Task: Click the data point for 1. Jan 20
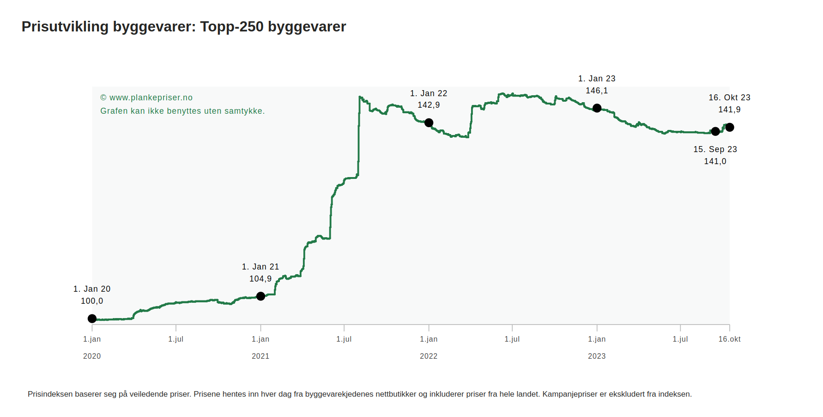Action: pyautogui.click(x=92, y=319)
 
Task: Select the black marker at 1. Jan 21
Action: pyautogui.click(x=260, y=296)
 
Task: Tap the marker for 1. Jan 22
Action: pyautogui.click(x=429, y=123)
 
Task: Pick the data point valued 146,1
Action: pyautogui.click(x=597, y=108)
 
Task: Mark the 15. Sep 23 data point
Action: pyautogui.click(x=715, y=131)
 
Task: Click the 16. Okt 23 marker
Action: pyautogui.click(x=730, y=127)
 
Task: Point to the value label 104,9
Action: pyautogui.click(x=260, y=279)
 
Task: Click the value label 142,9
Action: pyautogui.click(x=429, y=105)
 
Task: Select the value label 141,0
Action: pyautogui.click(x=715, y=161)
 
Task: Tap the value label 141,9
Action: pyautogui.click(x=729, y=110)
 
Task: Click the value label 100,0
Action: pyautogui.click(x=92, y=301)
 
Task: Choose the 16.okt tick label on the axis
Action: pyautogui.click(x=729, y=339)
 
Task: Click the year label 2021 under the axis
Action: pyautogui.click(x=260, y=356)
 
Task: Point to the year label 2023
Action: pyautogui.click(x=597, y=356)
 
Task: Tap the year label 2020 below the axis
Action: pyautogui.click(x=92, y=356)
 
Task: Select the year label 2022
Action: pyautogui.click(x=429, y=356)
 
